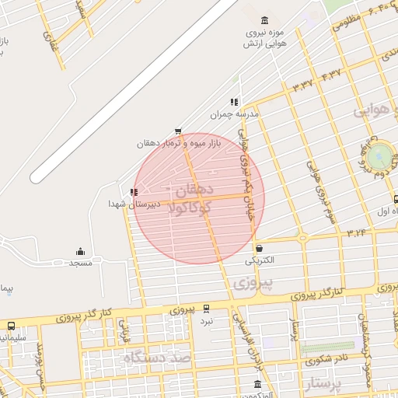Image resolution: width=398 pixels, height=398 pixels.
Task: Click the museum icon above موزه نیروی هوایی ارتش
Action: pyautogui.click(x=266, y=20)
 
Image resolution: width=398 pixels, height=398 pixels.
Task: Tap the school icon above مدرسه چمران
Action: pyautogui.click(x=233, y=102)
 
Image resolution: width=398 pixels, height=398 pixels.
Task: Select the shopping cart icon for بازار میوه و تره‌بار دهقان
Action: pyautogui.click(x=179, y=131)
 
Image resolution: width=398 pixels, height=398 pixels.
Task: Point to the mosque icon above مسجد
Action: pyautogui.click(x=79, y=251)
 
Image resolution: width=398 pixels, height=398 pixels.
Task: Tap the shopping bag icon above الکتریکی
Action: pyautogui.click(x=259, y=249)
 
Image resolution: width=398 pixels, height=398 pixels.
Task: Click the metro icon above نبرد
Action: pyautogui.click(x=206, y=309)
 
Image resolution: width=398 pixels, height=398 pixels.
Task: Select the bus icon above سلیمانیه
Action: pyautogui.click(x=11, y=326)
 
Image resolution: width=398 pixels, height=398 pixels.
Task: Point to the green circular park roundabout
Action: pyautogui.click(x=379, y=157)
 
